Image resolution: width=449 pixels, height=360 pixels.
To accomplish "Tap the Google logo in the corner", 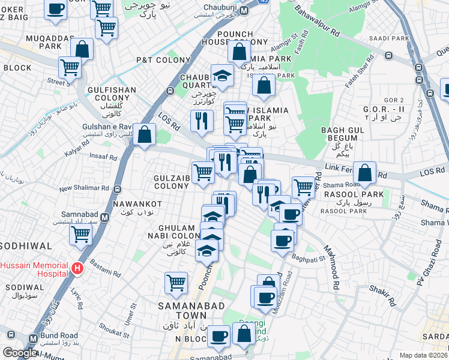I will (x=20, y=353).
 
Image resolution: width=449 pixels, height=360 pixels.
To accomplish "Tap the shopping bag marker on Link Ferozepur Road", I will (x=364, y=173).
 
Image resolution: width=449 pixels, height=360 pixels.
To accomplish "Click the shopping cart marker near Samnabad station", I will (x=80, y=236).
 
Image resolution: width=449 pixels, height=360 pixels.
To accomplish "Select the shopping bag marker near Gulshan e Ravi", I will (x=145, y=135).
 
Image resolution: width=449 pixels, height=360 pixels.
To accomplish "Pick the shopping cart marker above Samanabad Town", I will (x=176, y=283).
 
